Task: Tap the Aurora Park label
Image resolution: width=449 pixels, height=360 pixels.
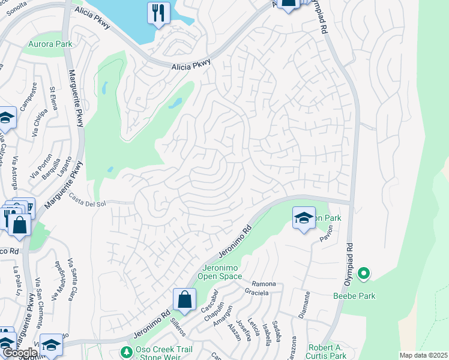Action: (50, 44)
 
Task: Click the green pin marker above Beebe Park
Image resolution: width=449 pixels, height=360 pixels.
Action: (363, 274)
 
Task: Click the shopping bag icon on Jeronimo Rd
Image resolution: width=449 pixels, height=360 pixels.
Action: (184, 299)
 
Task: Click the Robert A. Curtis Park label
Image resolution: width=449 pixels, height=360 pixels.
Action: (327, 352)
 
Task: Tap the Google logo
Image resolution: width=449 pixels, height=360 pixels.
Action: (20, 353)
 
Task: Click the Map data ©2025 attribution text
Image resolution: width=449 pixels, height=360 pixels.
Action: (423, 355)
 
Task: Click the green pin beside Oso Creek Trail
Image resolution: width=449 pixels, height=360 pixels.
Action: (126, 351)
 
